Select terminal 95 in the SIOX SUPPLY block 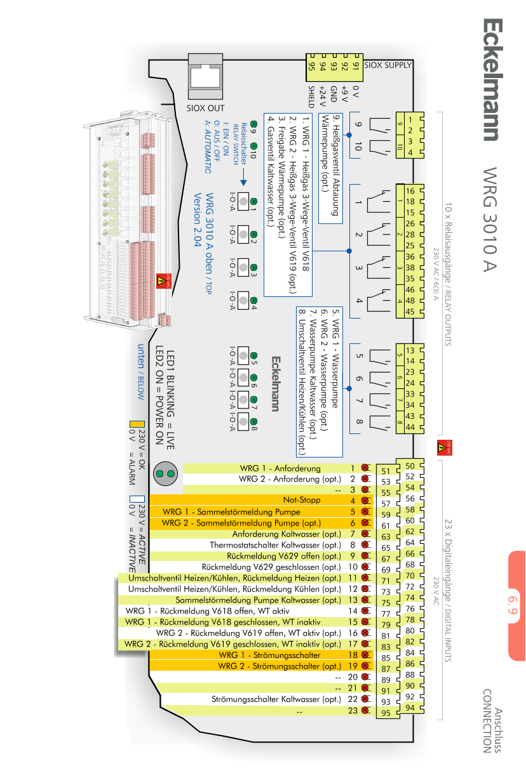[x=312, y=66]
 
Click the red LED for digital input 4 [x=365, y=501]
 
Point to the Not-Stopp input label [x=301, y=501]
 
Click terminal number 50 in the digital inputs [x=410, y=466]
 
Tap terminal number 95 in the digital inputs [x=386, y=713]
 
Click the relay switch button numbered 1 [x=242, y=199]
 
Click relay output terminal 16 [x=410, y=191]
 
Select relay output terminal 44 [x=410, y=428]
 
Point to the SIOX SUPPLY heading [x=389, y=65]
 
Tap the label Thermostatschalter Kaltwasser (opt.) [x=276, y=545]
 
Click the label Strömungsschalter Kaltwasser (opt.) [x=276, y=699]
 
